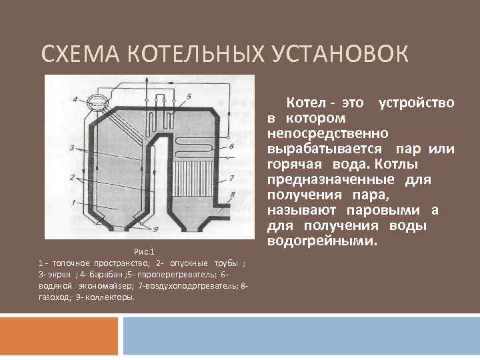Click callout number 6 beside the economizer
point(231,145)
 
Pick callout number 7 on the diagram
point(231,177)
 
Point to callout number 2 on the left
point(71,177)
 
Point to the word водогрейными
point(322,239)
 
